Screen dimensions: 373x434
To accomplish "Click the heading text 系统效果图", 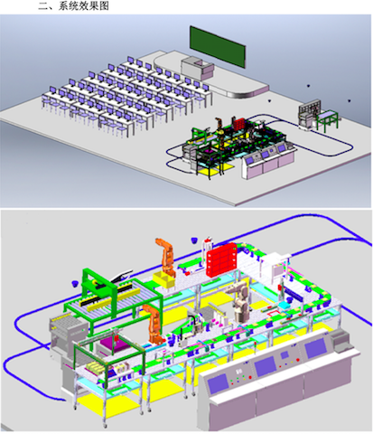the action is point(83,5).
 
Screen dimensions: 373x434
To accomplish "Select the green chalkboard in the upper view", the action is point(218,46).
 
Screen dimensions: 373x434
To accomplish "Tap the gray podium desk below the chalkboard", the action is point(198,68).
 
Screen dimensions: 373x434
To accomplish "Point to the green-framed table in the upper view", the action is point(328,120).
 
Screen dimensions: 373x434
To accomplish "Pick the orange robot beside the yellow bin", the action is point(165,257).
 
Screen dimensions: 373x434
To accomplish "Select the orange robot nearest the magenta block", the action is point(154,325).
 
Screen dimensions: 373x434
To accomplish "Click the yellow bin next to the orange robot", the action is point(163,279).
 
